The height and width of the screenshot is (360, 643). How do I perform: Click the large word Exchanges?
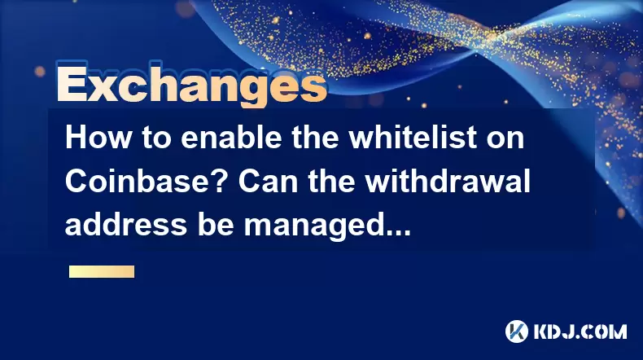click(191, 86)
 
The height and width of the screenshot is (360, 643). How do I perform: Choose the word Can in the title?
click(269, 181)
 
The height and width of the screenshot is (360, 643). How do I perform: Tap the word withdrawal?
click(448, 181)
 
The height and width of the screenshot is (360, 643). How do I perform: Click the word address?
click(126, 225)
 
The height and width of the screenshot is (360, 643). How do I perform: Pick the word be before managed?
click(216, 225)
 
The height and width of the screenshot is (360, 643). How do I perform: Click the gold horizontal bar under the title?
click(102, 272)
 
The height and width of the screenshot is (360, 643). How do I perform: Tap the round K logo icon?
click(516, 331)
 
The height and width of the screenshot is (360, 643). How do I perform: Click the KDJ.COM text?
click(580, 331)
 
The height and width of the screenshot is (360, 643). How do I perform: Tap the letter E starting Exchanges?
click(72, 84)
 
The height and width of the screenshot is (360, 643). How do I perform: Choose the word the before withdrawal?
click(331, 181)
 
